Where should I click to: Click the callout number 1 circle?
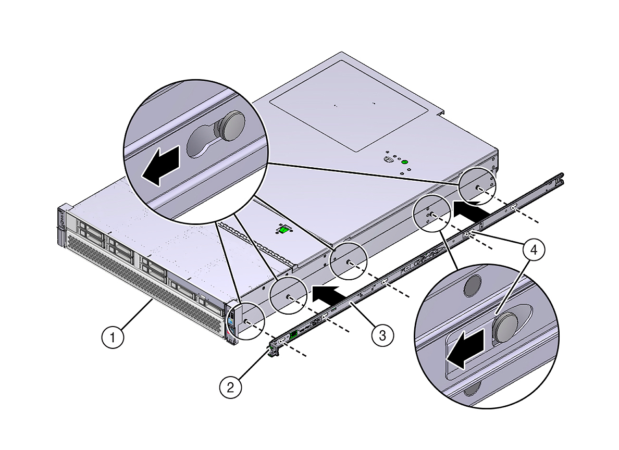click(113, 337)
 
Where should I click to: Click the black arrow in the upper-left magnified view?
click(163, 165)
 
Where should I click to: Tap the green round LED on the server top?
click(404, 162)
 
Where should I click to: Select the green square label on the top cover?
click(283, 230)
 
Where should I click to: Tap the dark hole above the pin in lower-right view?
click(472, 284)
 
